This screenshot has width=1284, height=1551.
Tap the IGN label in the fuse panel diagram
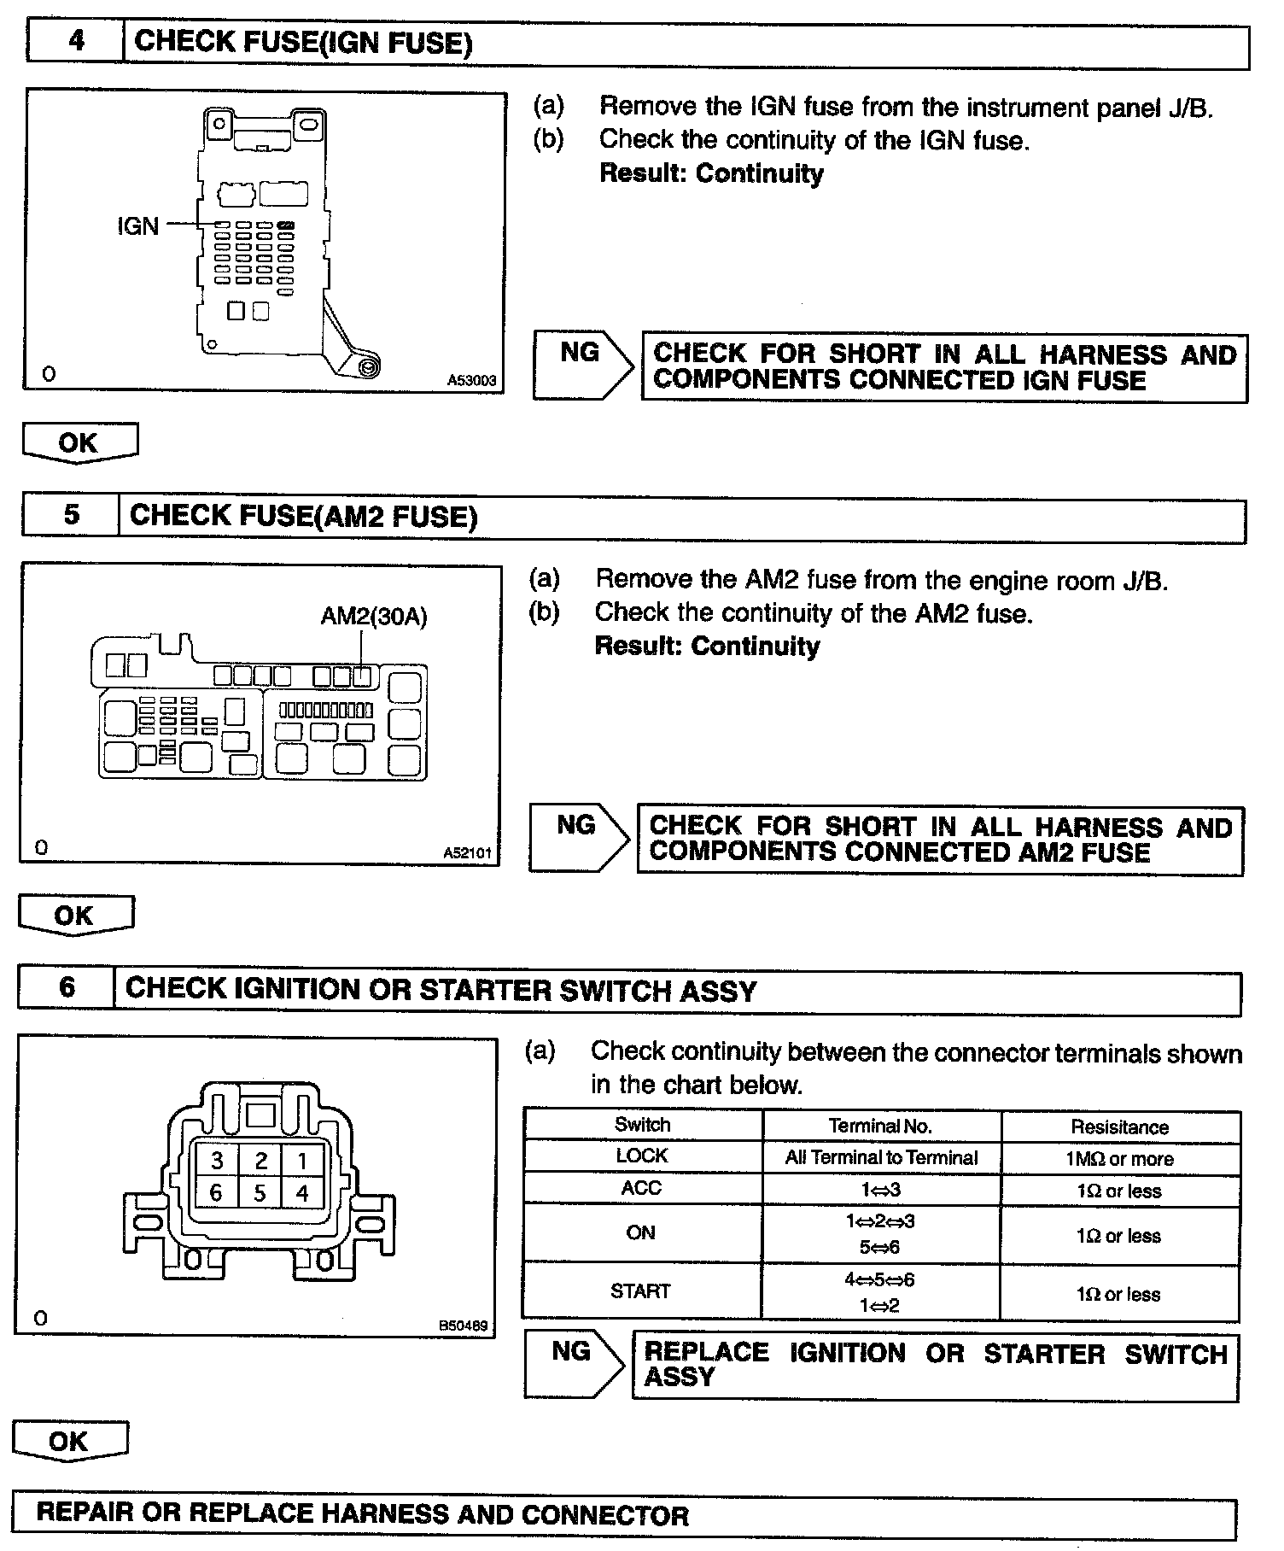(137, 226)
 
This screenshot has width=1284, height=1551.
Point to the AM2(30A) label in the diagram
(374, 617)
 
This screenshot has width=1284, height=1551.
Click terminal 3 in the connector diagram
(218, 1160)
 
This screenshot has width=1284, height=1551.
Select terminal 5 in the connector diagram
(260, 1193)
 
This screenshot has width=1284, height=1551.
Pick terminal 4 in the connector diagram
(301, 1193)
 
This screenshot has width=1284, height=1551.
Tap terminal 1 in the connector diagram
(301, 1160)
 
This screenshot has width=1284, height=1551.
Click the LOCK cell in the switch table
(642, 1156)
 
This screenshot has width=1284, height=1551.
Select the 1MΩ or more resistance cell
(1119, 1159)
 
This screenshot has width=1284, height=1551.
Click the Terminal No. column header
(880, 1127)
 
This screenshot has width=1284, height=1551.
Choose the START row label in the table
(640, 1291)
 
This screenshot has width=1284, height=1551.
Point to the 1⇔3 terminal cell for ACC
(880, 1190)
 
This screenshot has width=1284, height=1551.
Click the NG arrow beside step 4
(582, 365)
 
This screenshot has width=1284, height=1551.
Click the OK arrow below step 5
(75, 916)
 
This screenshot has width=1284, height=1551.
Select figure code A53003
(471, 381)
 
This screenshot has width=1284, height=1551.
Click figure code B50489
(463, 1326)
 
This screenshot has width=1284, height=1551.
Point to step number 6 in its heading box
(67, 988)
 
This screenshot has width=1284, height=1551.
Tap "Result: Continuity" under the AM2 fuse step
(707, 647)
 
